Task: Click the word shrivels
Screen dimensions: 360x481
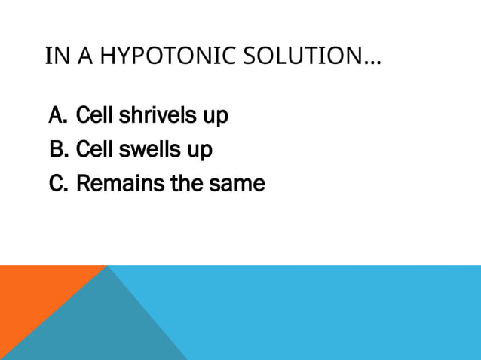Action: (x=154, y=116)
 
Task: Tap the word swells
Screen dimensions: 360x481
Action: (x=147, y=150)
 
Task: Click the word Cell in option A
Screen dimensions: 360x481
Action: (x=94, y=116)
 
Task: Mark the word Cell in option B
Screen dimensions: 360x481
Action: (x=94, y=150)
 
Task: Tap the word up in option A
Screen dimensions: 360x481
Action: (x=214, y=118)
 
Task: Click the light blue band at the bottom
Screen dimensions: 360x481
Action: (x=339, y=313)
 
